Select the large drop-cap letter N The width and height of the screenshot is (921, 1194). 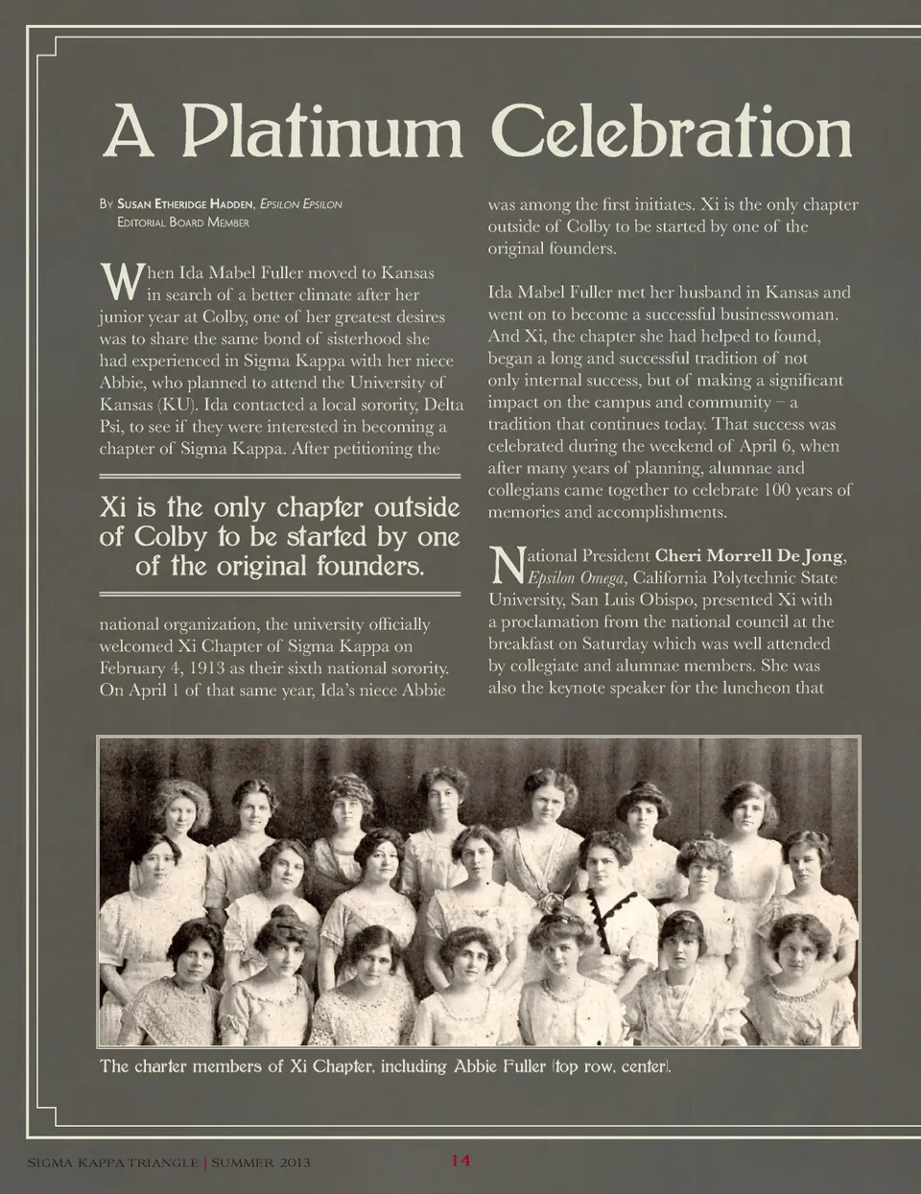click(506, 566)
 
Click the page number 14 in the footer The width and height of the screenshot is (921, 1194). click(460, 1160)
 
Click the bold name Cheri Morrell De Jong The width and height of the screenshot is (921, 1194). click(750, 556)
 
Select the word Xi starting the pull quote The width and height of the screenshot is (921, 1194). click(113, 506)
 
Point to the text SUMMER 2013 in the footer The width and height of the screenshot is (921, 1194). click(261, 1163)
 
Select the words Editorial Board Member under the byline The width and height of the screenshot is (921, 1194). click(182, 222)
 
